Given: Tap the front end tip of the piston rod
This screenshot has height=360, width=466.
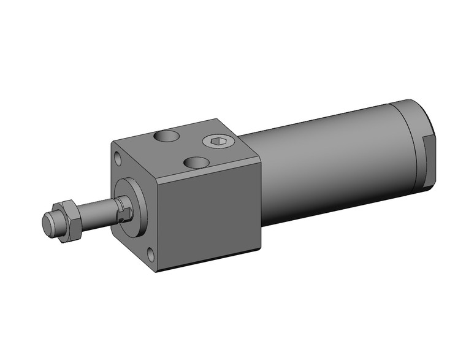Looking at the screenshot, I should (x=47, y=222).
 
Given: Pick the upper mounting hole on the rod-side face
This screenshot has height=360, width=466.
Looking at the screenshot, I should (x=118, y=159).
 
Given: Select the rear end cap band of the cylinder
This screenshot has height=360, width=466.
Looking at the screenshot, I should (x=411, y=144).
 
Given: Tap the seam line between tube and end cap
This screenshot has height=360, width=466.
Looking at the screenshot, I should (x=393, y=147).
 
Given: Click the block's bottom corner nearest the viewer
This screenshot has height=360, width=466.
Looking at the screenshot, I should (x=156, y=272).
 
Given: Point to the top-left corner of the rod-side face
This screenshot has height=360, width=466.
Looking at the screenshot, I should (x=112, y=142).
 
